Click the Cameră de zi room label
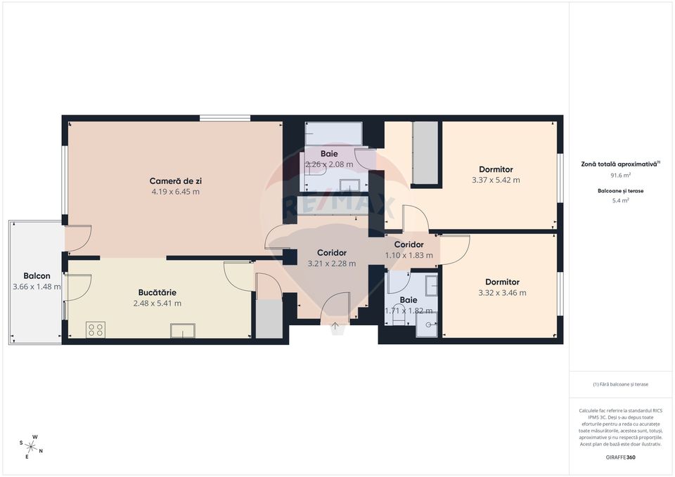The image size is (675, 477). click(x=176, y=181)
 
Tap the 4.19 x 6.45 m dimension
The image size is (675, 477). click(x=176, y=191)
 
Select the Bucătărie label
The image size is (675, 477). click(x=157, y=292)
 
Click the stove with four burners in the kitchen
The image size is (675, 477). click(x=96, y=329)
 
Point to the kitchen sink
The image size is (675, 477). click(x=183, y=331)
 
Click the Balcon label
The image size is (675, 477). click(x=37, y=276)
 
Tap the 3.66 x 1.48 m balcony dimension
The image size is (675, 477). click(x=37, y=287)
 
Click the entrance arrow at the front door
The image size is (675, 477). click(x=335, y=325)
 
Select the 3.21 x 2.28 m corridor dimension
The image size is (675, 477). click(x=332, y=263)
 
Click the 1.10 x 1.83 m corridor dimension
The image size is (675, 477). click(x=409, y=255)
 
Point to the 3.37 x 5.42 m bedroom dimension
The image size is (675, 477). click(x=496, y=180)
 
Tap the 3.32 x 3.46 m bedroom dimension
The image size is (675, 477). click(x=502, y=293)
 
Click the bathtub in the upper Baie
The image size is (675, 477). click(x=333, y=133)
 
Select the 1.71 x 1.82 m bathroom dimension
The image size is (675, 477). click(x=409, y=311)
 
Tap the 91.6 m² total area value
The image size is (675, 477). click(x=620, y=175)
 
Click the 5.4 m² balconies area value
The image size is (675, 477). click(x=620, y=200)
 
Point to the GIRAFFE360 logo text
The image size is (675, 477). click(x=620, y=457)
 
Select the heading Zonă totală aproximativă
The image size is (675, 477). click(x=619, y=163)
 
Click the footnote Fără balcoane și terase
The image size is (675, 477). click(x=620, y=384)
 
